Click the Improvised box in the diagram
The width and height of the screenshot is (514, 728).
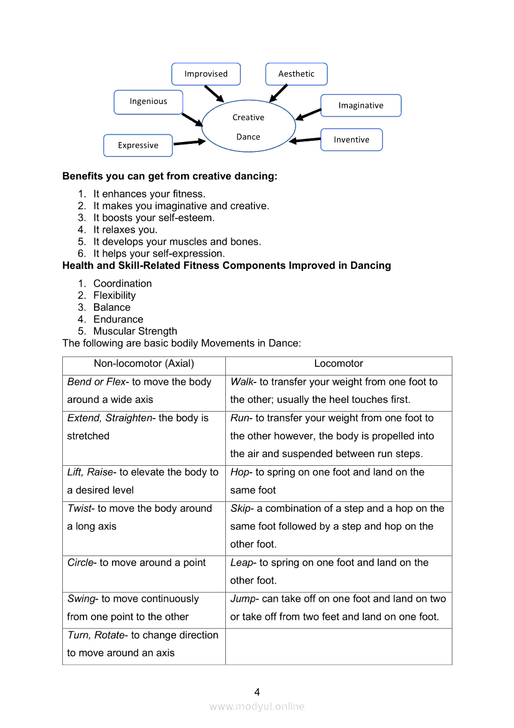[x=206, y=74]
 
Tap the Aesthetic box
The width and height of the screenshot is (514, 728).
[x=296, y=74]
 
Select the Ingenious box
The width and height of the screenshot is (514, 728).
[x=149, y=102]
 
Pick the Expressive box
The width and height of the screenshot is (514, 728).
[x=138, y=146]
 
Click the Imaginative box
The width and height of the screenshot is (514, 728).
[x=361, y=106]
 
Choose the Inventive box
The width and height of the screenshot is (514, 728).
[x=352, y=140]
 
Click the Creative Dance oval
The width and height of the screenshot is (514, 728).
[x=248, y=127]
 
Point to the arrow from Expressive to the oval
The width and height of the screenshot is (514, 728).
[x=189, y=143]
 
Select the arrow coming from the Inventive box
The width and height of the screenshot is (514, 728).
[x=306, y=140]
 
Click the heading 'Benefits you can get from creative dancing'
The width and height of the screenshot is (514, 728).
[x=170, y=176]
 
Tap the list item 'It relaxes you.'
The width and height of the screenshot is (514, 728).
[x=125, y=230]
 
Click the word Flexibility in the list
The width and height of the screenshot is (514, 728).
[x=114, y=296]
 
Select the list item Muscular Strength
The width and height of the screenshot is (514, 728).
[x=135, y=331]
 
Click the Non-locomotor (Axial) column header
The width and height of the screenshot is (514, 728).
[x=144, y=364]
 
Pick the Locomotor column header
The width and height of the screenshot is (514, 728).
[x=339, y=364]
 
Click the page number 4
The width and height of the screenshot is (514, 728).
[x=257, y=692]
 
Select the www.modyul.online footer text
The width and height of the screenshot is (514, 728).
[x=257, y=707]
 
